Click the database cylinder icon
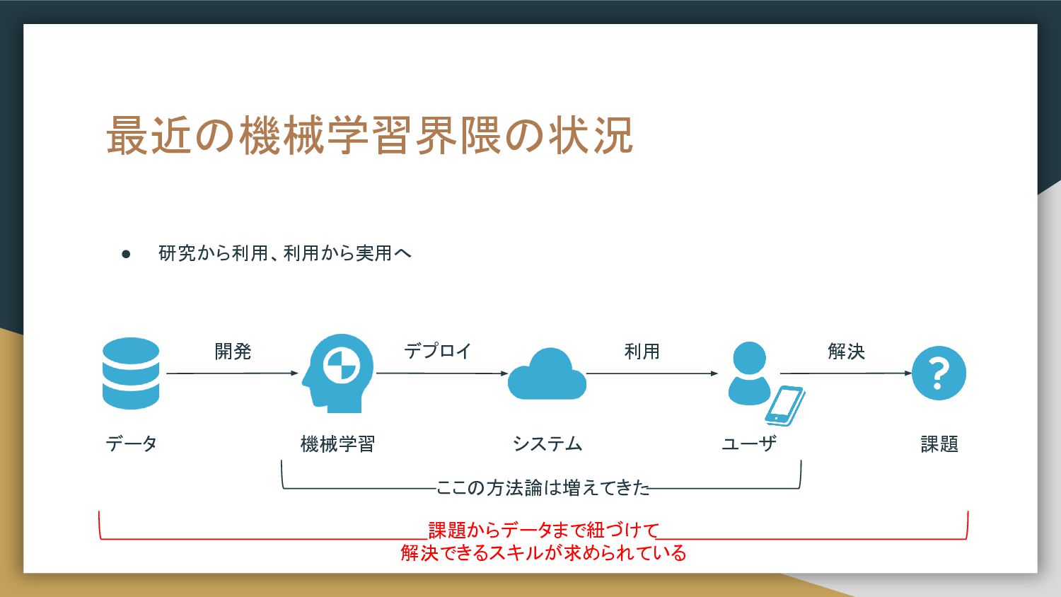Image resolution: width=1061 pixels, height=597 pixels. [x=131, y=373]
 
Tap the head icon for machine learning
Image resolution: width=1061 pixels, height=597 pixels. [x=337, y=373]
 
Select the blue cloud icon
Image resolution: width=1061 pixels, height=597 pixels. [x=547, y=374]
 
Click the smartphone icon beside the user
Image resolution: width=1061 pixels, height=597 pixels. [x=785, y=406]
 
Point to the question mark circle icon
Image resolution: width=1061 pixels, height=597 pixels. [x=939, y=373]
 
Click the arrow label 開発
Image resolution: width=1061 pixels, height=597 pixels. [x=233, y=352]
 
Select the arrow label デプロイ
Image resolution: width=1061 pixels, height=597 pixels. [x=438, y=351]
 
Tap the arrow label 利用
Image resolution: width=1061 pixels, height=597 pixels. [x=642, y=352]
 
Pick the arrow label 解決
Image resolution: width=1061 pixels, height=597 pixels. [x=847, y=352]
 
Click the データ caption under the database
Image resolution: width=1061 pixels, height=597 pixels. [x=131, y=444]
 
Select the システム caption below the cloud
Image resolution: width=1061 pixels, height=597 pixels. [x=547, y=444]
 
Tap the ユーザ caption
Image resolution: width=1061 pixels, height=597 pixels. [x=749, y=444]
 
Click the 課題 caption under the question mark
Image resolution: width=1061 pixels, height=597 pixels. [x=939, y=444]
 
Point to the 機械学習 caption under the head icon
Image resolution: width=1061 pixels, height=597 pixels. [x=337, y=444]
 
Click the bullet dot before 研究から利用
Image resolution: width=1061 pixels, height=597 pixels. [x=126, y=255]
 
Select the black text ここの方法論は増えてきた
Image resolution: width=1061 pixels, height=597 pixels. [x=543, y=487]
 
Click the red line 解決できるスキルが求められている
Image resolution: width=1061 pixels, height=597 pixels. [x=543, y=553]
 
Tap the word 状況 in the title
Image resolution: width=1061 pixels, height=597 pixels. [x=591, y=136]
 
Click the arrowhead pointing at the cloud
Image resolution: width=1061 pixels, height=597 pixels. [x=504, y=373]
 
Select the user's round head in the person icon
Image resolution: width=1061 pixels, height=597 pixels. [x=749, y=358]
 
